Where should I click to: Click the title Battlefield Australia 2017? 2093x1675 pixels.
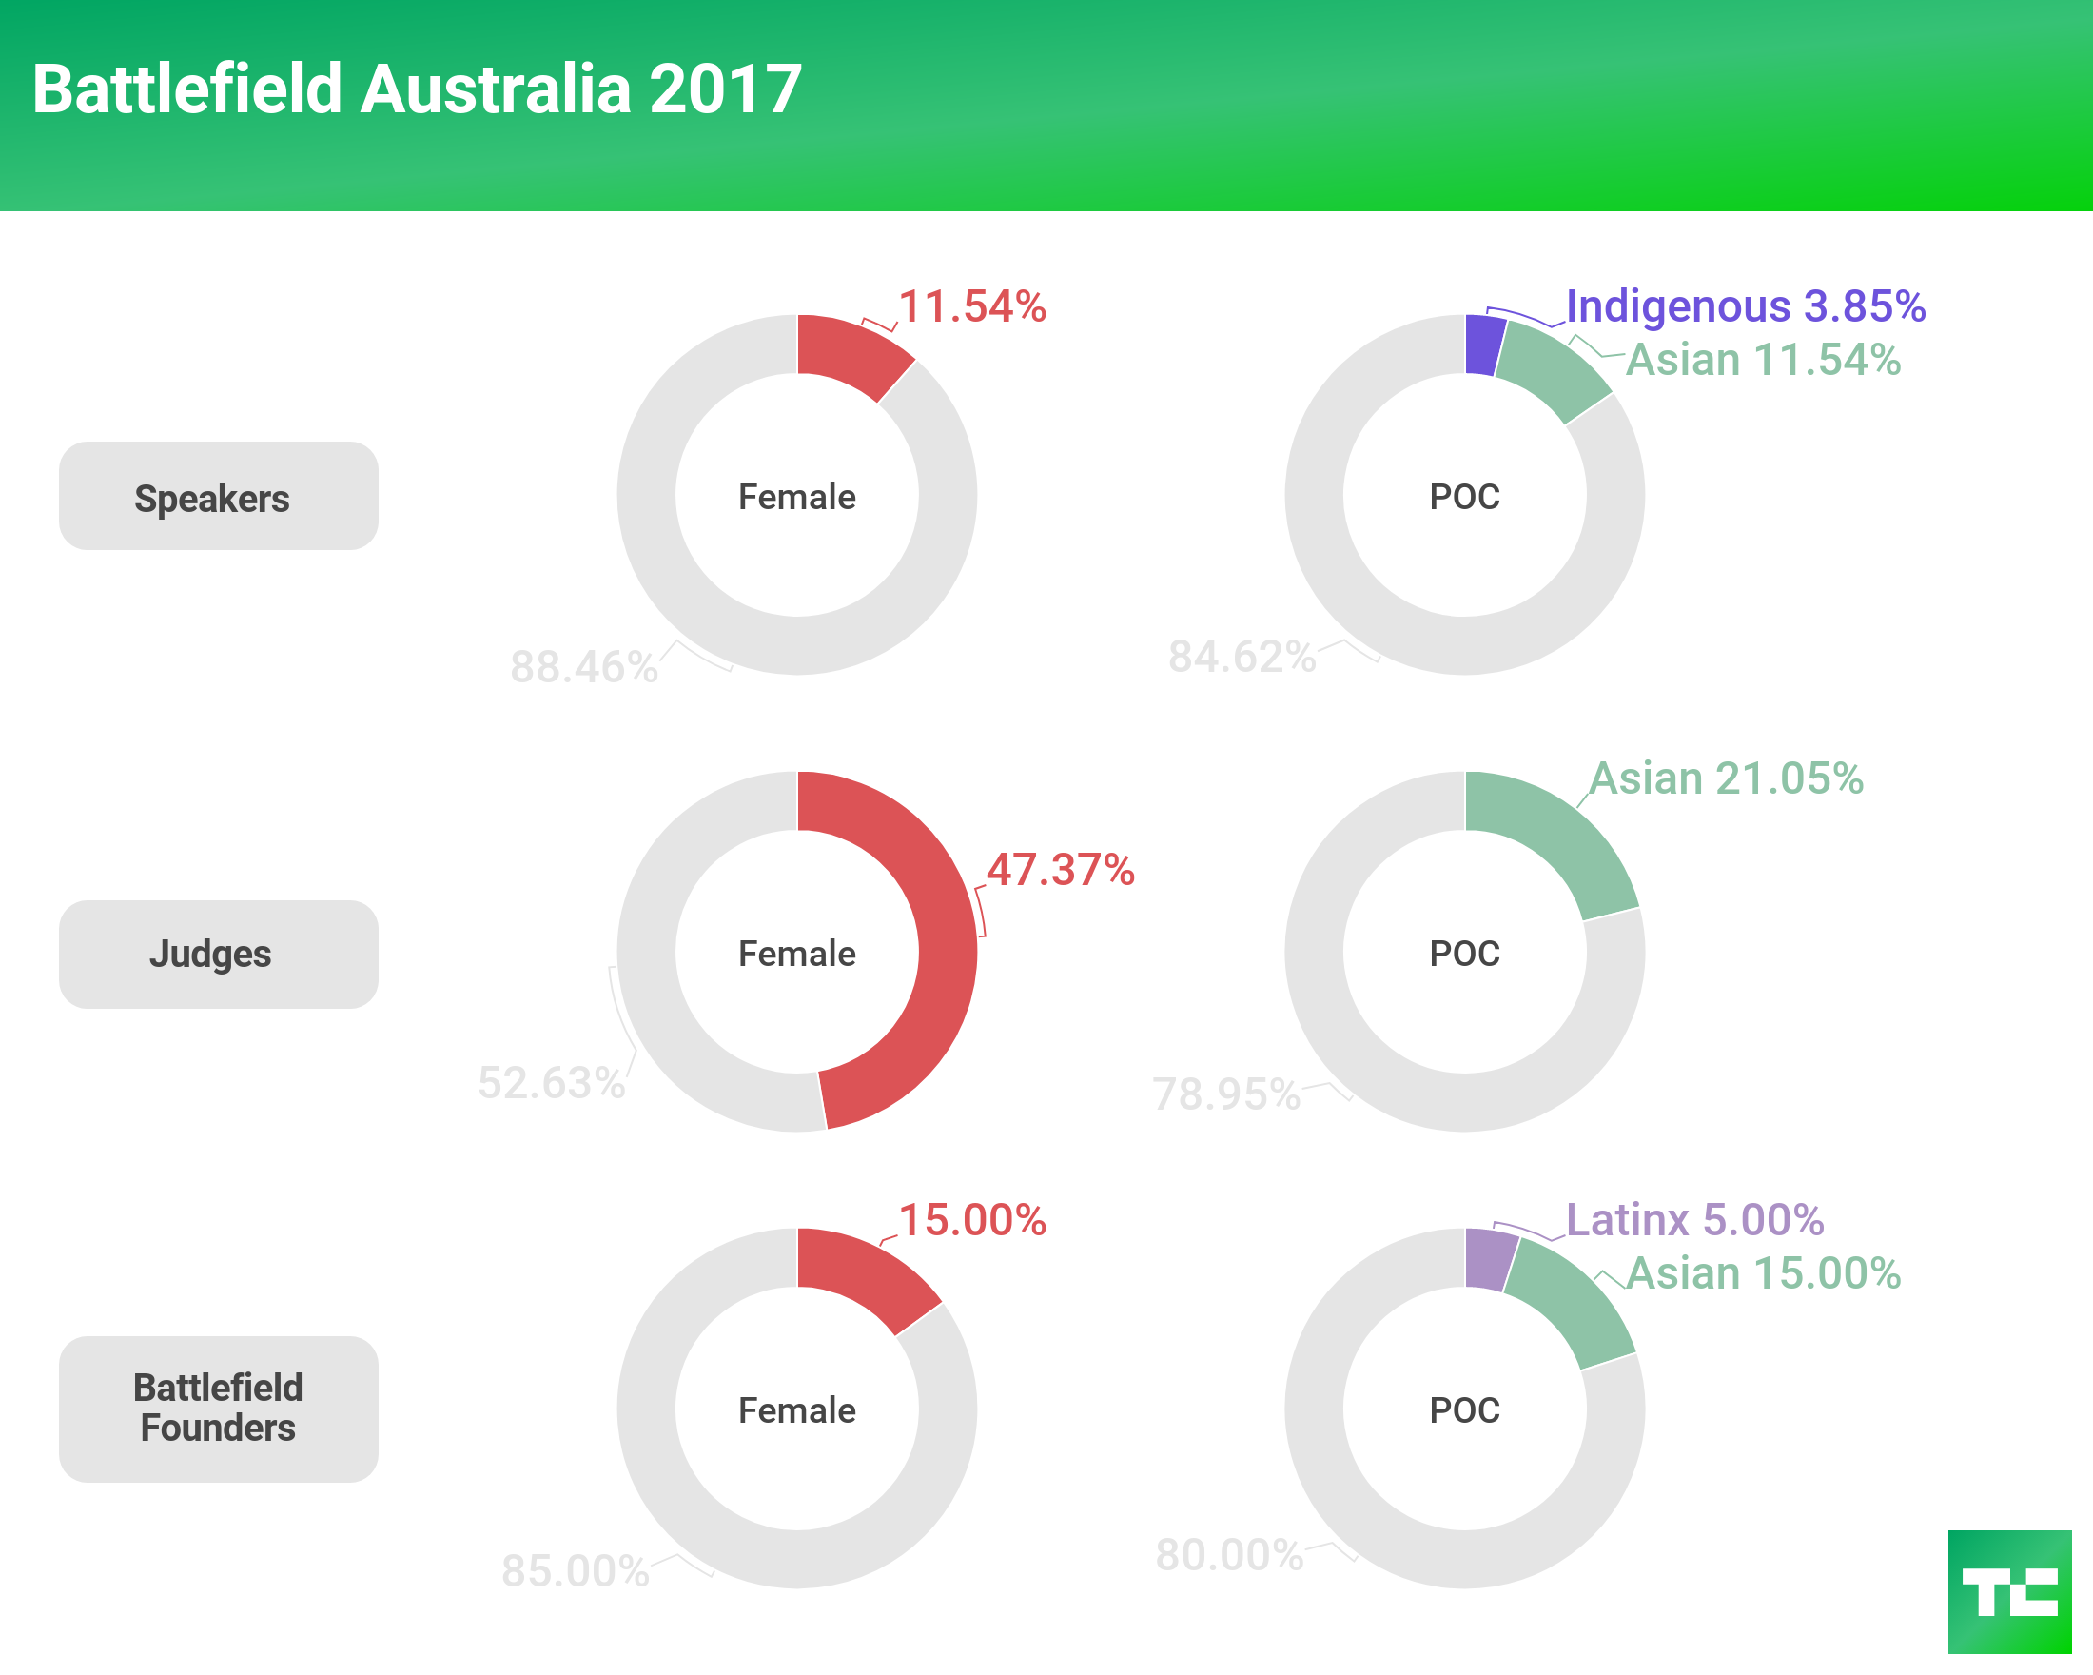(x=417, y=89)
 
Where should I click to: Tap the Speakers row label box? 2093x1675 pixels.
(x=219, y=496)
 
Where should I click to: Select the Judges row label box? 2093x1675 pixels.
(x=219, y=954)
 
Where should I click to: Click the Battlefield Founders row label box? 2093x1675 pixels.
(x=219, y=1408)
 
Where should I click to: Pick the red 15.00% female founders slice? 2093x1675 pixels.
(x=859, y=1271)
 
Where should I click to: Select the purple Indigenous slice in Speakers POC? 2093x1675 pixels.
(x=1482, y=344)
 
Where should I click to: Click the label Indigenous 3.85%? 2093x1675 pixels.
(x=1745, y=305)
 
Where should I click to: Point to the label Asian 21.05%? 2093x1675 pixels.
(x=1726, y=778)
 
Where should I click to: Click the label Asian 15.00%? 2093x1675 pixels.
(x=1763, y=1273)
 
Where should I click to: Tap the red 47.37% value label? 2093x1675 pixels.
(x=1060, y=870)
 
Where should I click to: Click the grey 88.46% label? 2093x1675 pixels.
(x=583, y=667)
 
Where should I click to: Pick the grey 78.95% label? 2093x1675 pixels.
(x=1225, y=1094)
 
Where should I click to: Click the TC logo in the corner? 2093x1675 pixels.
(x=2008, y=1591)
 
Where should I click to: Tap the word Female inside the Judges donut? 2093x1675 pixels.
(x=797, y=954)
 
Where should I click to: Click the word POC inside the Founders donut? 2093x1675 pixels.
(x=1464, y=1409)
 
